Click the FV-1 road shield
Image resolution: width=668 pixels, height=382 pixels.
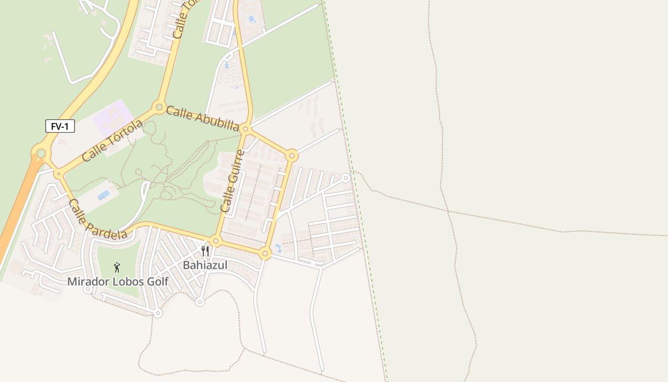click(60, 127)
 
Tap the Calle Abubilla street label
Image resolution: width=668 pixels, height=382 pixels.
click(202, 118)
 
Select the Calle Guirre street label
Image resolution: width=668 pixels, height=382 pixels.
click(232, 181)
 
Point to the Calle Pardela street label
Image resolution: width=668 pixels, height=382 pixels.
click(98, 219)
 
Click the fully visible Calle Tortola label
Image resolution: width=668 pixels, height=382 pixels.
click(112, 140)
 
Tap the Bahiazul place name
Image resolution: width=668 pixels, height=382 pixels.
click(205, 265)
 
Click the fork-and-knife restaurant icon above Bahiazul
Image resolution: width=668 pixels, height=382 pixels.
click(205, 251)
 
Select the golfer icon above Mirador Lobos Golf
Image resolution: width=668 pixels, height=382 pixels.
click(117, 267)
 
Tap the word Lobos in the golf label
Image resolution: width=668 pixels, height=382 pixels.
click(128, 282)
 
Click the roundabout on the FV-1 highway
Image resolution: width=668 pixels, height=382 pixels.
click(41, 153)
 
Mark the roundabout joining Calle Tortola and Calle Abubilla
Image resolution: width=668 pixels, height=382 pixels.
click(158, 107)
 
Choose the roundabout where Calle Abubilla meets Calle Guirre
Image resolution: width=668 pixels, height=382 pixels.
click(245, 129)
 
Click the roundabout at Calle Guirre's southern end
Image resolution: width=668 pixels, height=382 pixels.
click(216, 241)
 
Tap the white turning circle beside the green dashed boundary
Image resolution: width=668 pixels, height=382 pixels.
click(346, 178)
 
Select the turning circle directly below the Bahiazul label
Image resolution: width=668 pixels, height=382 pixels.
click(200, 302)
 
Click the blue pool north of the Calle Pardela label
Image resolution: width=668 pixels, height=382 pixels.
click(103, 195)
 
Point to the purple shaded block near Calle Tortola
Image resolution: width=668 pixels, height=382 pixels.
click(114, 116)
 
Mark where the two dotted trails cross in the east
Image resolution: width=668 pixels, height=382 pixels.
click(448, 211)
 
